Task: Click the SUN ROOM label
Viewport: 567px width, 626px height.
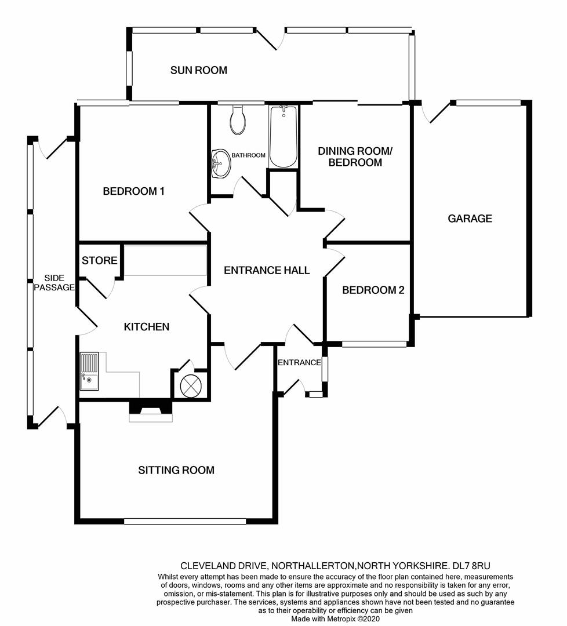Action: pyautogui.click(x=198, y=71)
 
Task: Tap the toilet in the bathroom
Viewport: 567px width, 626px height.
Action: pyautogui.click(x=238, y=120)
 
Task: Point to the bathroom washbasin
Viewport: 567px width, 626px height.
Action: pyautogui.click(x=221, y=163)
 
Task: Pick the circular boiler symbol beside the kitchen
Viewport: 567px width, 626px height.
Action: pyautogui.click(x=190, y=385)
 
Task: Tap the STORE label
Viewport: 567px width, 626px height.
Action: pyautogui.click(x=99, y=261)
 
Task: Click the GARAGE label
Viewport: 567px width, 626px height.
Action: pyautogui.click(x=470, y=219)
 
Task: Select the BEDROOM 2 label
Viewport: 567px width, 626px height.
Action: pyautogui.click(x=373, y=290)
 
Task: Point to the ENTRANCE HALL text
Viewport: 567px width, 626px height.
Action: pyautogui.click(x=267, y=270)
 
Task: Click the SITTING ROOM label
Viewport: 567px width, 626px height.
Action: pyautogui.click(x=176, y=470)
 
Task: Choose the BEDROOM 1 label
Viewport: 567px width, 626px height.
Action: pyautogui.click(x=134, y=191)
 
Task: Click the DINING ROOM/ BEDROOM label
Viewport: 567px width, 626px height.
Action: pyautogui.click(x=355, y=156)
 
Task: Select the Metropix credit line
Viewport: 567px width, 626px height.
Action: pyautogui.click(x=335, y=619)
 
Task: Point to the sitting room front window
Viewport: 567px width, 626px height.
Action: pyautogui.click(x=184, y=522)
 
